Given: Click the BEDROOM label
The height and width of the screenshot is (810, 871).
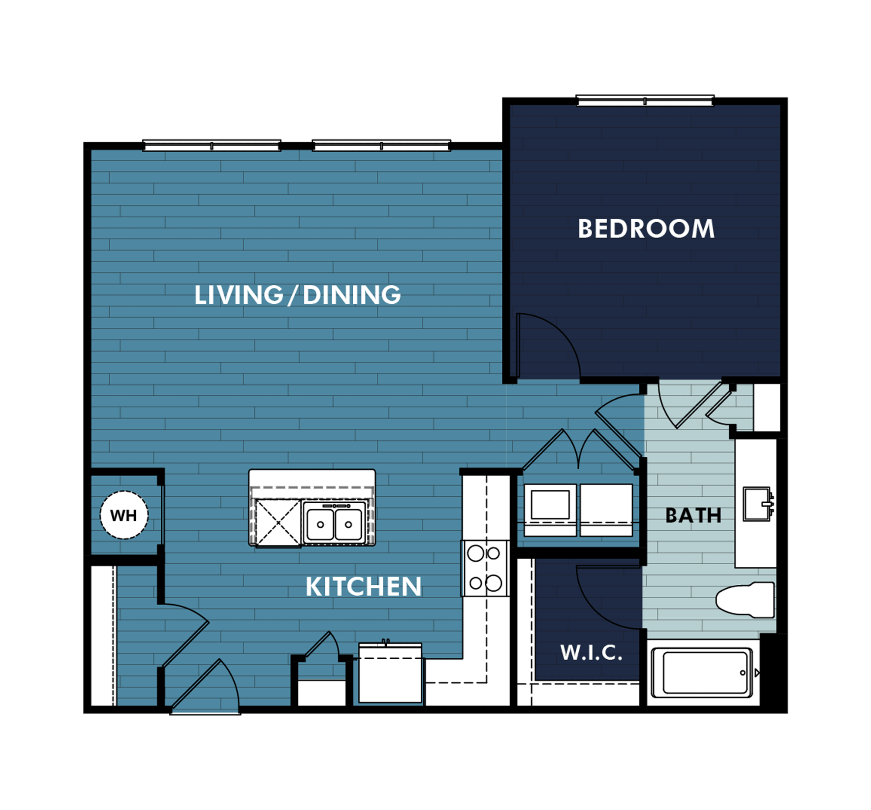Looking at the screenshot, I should point(646,229).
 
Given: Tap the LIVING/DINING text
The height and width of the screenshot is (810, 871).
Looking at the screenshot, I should point(297,295).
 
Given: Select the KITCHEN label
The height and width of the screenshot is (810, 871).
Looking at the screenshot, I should point(363,586).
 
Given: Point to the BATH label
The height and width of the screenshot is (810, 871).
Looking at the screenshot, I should point(693,515).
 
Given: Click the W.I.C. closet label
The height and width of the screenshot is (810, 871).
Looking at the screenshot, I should point(591,653).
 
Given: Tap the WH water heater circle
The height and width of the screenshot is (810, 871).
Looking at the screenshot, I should point(124,515).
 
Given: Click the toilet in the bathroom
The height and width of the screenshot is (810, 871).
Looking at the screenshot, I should point(745,600).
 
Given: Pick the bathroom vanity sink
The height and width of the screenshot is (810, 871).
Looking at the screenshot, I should point(757,504).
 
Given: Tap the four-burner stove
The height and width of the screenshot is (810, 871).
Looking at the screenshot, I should point(485,568).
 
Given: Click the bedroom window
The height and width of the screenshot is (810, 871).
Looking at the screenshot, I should point(645,101).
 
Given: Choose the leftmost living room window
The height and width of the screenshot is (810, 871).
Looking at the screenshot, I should point(212,146).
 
